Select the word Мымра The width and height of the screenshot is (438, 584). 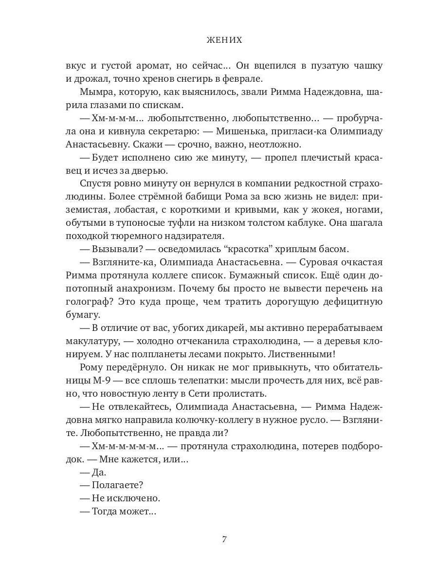pyautogui.click(x=96, y=91)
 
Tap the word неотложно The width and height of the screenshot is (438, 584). pyautogui.click(x=275, y=145)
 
